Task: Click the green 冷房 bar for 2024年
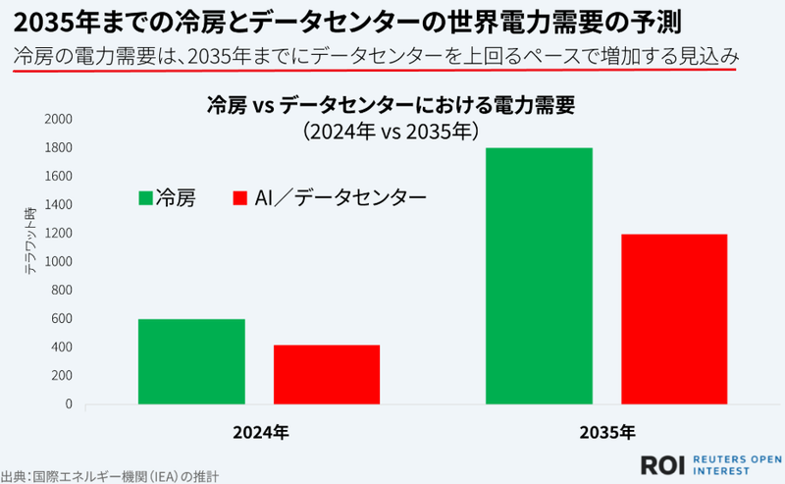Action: [x=191, y=361]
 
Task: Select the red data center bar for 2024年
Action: [x=327, y=374]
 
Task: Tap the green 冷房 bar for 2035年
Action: [x=539, y=276]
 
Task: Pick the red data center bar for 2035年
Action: [x=674, y=319]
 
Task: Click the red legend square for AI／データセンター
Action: [x=238, y=198]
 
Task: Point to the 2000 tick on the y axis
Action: [x=59, y=119]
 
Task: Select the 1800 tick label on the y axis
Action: [x=59, y=147]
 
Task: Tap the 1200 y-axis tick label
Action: [x=59, y=233]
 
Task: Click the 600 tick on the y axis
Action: [x=63, y=318]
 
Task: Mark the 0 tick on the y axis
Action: [x=69, y=403]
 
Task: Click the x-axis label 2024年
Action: [x=260, y=431]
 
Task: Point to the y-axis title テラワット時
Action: [x=30, y=241]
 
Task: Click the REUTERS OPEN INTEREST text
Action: [x=736, y=463]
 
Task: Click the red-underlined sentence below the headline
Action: [x=377, y=56]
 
